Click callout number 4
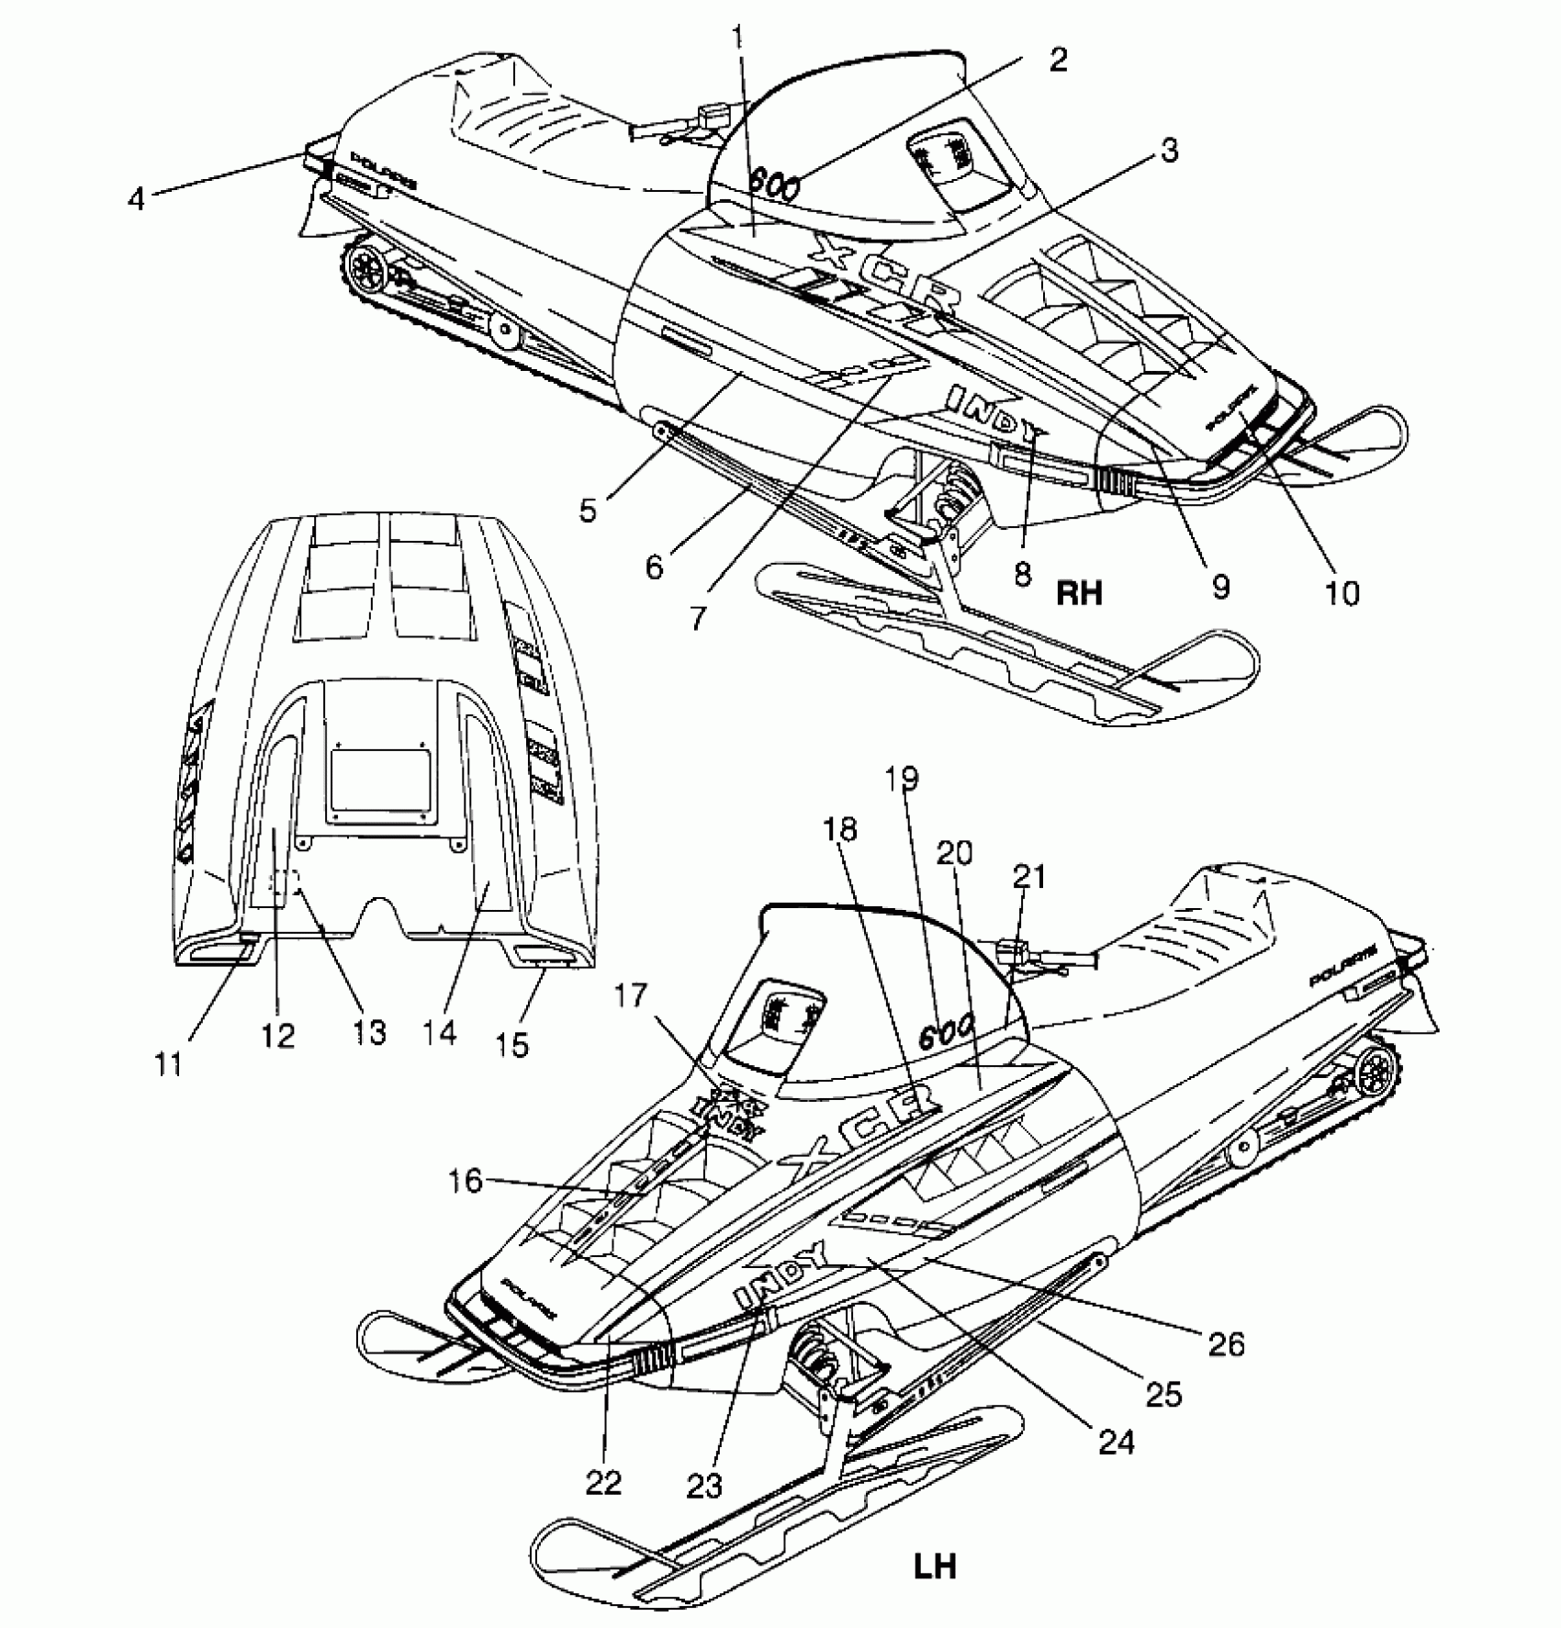pyautogui.click(x=136, y=198)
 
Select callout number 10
pyautogui.click(x=1342, y=592)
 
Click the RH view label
pyautogui.click(x=1078, y=593)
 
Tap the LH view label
pyautogui.click(x=935, y=1565)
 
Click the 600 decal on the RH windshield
pyautogui.click(x=773, y=184)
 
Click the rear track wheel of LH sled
pyautogui.click(x=1374, y=1072)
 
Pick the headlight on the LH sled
pyautogui.click(x=787, y=1013)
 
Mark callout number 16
pyautogui.click(x=466, y=1181)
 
